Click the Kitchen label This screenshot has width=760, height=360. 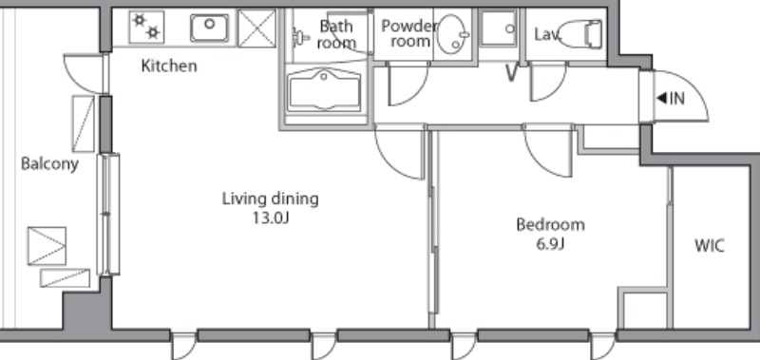pos(169,66)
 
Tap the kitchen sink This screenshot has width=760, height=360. pos(209,28)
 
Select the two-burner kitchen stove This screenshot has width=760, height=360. pos(146,28)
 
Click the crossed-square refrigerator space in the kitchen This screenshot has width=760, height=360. pos(256,28)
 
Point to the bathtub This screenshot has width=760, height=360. pos(324,91)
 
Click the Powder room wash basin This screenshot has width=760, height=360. pos(453,34)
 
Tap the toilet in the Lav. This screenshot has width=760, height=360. pos(579,34)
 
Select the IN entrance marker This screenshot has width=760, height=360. pos(671,99)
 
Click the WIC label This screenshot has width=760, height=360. pos(710,246)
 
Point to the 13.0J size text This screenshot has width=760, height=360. pos(270,218)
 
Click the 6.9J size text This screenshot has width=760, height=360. pos(550,243)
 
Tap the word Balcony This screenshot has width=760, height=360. pos(49,163)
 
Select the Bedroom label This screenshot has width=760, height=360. pos(550,225)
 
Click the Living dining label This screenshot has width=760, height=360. pos(271,199)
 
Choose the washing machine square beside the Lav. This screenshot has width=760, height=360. pos(498,28)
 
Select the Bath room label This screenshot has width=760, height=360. pos(336,34)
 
